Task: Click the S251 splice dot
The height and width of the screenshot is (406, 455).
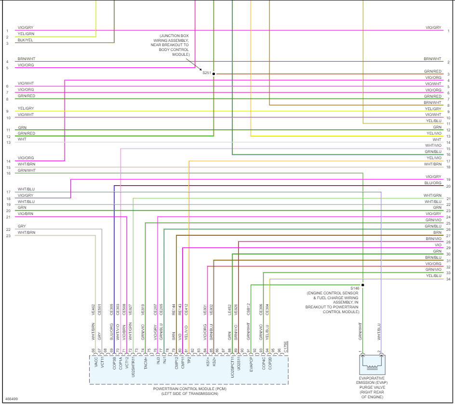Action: pos(214,74)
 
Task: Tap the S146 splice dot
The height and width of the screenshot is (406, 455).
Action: pos(363,285)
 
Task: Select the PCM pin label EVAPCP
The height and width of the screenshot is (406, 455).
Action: pos(251,363)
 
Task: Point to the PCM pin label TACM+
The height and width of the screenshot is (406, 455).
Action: pos(146,363)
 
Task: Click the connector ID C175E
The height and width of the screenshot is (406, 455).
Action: pos(286,347)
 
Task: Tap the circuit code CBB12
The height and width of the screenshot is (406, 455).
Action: pos(248,309)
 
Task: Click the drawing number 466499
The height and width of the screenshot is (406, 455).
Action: pos(12,399)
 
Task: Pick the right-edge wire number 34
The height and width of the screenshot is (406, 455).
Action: pos(448,279)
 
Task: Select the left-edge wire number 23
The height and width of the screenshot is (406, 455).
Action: pos(8,236)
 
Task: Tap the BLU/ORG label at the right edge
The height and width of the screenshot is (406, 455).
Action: pos(433,183)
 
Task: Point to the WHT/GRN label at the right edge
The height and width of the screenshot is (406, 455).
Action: pos(432,195)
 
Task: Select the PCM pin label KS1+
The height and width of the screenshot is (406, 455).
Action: pos(208,361)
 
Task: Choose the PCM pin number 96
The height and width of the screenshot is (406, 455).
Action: pos(279,350)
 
